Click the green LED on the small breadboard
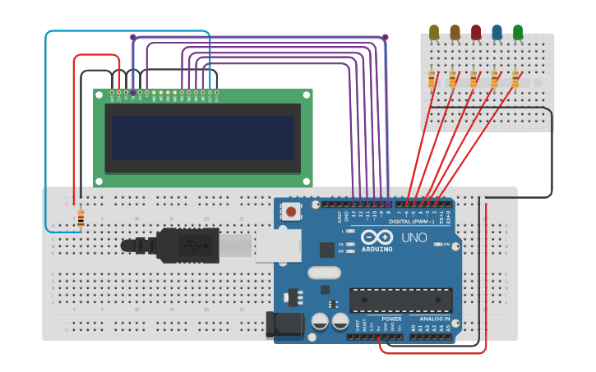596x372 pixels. pyautogui.click(x=517, y=31)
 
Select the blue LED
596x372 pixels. pyautogui.click(x=497, y=31)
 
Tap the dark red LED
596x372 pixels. pyautogui.click(x=475, y=31)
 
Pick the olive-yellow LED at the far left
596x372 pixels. pyautogui.click(x=434, y=31)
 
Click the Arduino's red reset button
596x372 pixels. pyautogui.click(x=291, y=212)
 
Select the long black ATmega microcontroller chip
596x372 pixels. pyautogui.click(x=400, y=300)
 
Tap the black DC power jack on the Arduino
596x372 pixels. pyautogui.click(x=284, y=324)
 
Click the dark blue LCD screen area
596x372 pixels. pyautogui.click(x=202, y=137)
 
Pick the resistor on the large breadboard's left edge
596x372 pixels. pyautogui.click(x=81, y=218)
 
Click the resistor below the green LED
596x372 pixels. pyautogui.click(x=515, y=79)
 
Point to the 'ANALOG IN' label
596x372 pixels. pyautogui.click(x=435, y=318)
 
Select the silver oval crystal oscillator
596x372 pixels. pyautogui.click(x=323, y=273)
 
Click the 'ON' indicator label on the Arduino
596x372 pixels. pyautogui.click(x=446, y=244)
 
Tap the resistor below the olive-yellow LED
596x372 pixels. pyautogui.click(x=432, y=79)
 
